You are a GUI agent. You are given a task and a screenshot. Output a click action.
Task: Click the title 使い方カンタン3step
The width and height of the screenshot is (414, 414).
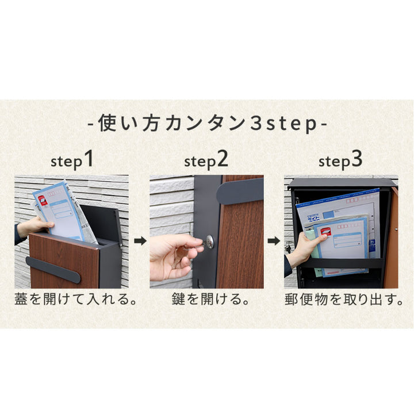pyautogui.click(x=207, y=124)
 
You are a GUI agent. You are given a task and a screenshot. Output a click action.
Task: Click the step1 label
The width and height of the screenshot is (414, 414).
pyautogui.click(x=72, y=160)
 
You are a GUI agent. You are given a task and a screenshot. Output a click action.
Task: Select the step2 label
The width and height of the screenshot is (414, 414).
pyautogui.click(x=206, y=160)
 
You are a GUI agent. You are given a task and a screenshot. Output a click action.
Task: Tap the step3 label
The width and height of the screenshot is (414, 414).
pyautogui.click(x=340, y=160)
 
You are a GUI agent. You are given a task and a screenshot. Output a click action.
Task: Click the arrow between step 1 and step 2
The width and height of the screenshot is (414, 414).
pyautogui.click(x=140, y=241)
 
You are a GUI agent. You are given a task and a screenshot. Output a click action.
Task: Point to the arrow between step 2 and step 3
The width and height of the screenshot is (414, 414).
pyautogui.click(x=274, y=241)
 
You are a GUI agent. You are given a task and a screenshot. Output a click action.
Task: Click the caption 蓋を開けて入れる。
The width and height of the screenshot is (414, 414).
pyautogui.click(x=75, y=299)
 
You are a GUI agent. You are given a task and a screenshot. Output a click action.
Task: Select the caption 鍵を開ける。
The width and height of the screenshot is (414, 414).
pyautogui.click(x=210, y=299)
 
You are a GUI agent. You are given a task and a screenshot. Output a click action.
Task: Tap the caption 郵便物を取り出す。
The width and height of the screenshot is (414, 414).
pyautogui.click(x=344, y=299)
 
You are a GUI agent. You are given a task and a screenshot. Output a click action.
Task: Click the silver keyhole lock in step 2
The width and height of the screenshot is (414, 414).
pyautogui.click(x=210, y=241)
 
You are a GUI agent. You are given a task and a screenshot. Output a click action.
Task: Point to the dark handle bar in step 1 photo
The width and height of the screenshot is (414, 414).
pyautogui.click(x=53, y=270)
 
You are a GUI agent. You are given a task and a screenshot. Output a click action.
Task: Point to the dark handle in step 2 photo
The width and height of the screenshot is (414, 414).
pyautogui.click(x=240, y=191)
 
